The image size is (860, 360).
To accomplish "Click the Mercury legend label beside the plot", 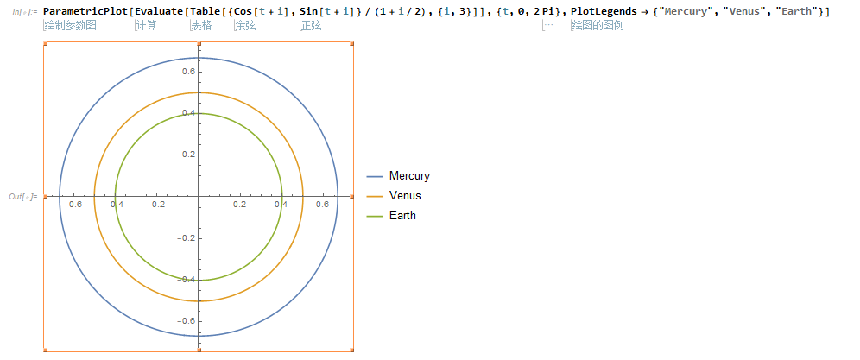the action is [x=409, y=176].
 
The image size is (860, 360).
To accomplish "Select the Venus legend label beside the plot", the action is [x=405, y=195].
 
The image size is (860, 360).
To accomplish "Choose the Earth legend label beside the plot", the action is [x=402, y=216].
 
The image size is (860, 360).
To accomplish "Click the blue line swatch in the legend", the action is [x=374, y=176].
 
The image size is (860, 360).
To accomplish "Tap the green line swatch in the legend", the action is [x=374, y=216].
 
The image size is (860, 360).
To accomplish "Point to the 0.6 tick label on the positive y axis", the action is [x=189, y=72].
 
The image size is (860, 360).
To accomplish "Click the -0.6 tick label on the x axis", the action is [x=73, y=204].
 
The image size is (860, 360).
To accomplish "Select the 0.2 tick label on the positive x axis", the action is [x=240, y=204].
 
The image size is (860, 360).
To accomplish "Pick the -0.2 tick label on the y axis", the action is [x=186, y=237].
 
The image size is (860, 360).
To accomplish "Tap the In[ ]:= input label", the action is [x=25, y=11].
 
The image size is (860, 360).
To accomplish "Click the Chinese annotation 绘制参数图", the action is [x=70, y=25].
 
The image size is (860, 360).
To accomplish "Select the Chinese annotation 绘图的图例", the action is [x=598, y=25].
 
